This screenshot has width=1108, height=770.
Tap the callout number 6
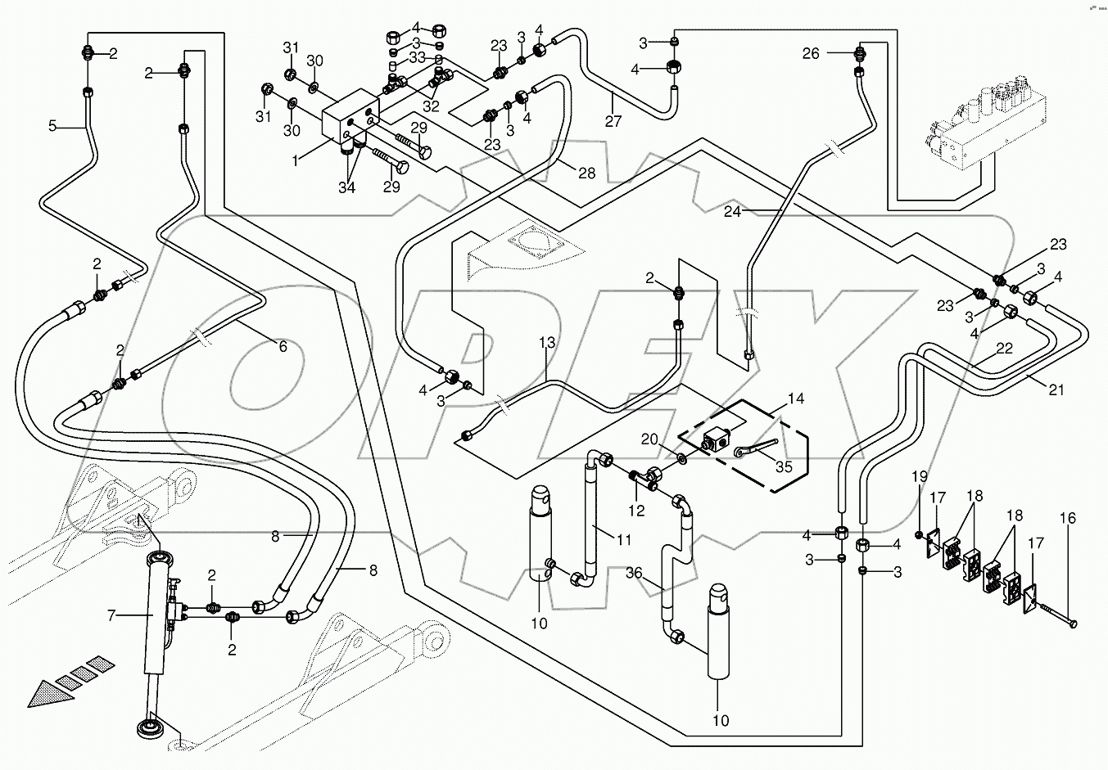pos(283,346)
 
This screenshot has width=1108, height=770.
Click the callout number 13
pos(546,343)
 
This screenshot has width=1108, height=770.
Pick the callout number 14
pos(794,399)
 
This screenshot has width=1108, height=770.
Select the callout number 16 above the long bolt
pos(1068,519)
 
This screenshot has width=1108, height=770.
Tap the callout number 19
pos(920,477)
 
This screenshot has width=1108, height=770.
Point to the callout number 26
pos(810,54)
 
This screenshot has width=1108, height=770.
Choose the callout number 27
pos(613,122)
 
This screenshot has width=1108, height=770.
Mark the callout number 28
pos(586,173)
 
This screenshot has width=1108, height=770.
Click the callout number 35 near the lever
pos(783,467)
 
